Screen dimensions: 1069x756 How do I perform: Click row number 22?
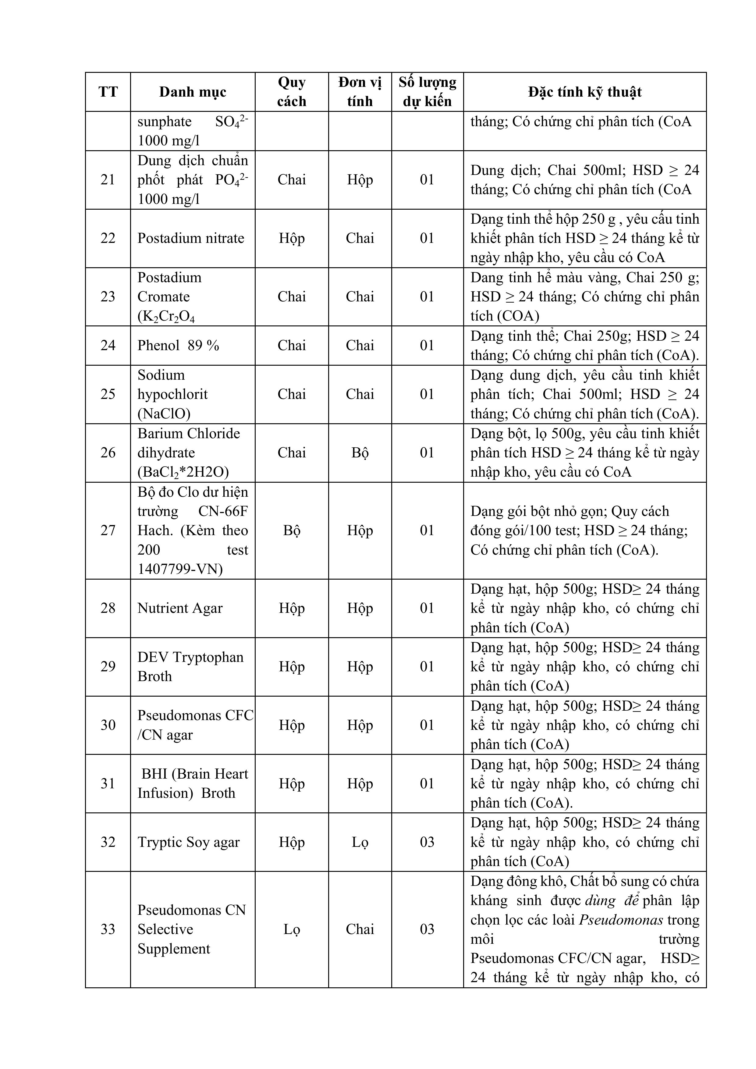coord(108,238)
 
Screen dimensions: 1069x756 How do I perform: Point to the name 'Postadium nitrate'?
coord(190,238)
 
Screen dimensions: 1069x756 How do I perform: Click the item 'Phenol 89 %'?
coord(178,346)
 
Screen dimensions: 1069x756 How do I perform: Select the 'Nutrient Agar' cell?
coord(180,608)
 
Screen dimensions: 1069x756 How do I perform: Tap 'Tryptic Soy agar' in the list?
coord(189,842)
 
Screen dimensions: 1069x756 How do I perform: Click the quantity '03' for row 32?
coord(427,842)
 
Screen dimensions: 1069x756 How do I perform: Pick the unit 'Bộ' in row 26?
coord(360,453)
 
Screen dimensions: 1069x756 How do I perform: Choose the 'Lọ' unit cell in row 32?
coord(360,842)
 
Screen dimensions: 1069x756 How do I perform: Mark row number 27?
coord(108,530)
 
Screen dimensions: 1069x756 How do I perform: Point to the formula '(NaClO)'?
coord(164,414)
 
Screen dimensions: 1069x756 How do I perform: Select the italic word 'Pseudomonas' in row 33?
coord(621,920)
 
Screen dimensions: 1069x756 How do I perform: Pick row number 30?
coord(108,725)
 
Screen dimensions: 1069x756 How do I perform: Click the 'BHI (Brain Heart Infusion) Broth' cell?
coord(192,783)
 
